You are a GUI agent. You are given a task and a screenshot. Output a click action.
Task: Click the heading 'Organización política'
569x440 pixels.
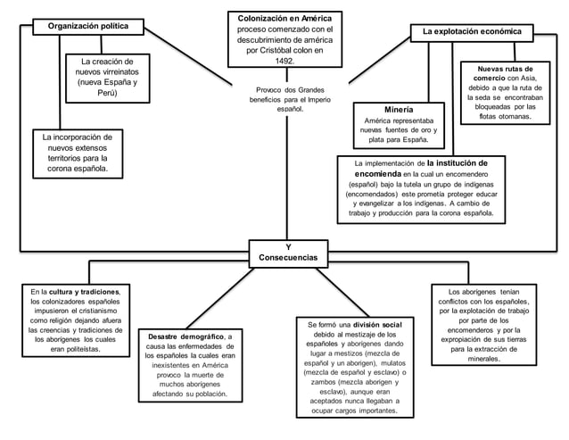point(88,26)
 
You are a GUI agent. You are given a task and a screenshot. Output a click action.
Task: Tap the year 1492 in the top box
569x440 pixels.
point(284,61)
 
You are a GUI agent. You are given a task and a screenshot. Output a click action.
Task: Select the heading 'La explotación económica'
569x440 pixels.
point(472,31)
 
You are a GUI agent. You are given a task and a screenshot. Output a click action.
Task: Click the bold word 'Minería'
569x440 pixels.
point(399,110)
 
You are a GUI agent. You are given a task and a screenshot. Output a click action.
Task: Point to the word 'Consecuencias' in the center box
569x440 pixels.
point(288,257)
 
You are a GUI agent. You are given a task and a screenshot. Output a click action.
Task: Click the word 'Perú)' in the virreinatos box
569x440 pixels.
point(107,93)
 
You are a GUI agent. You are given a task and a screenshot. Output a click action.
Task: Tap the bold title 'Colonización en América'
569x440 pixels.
point(284,19)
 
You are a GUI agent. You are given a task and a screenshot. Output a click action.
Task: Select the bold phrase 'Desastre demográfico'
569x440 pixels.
point(186,336)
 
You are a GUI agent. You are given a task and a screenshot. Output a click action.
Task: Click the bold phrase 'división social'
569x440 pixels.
point(377,325)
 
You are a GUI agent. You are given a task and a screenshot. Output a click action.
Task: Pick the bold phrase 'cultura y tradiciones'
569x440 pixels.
point(84,292)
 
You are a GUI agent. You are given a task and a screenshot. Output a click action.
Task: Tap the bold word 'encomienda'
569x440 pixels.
point(378,174)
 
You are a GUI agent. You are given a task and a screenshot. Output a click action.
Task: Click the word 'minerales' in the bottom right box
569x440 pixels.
point(483,359)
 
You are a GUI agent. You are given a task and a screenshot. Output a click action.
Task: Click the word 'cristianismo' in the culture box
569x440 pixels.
point(98,311)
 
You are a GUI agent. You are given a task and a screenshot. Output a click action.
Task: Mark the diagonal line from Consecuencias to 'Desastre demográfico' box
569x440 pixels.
point(220,298)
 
